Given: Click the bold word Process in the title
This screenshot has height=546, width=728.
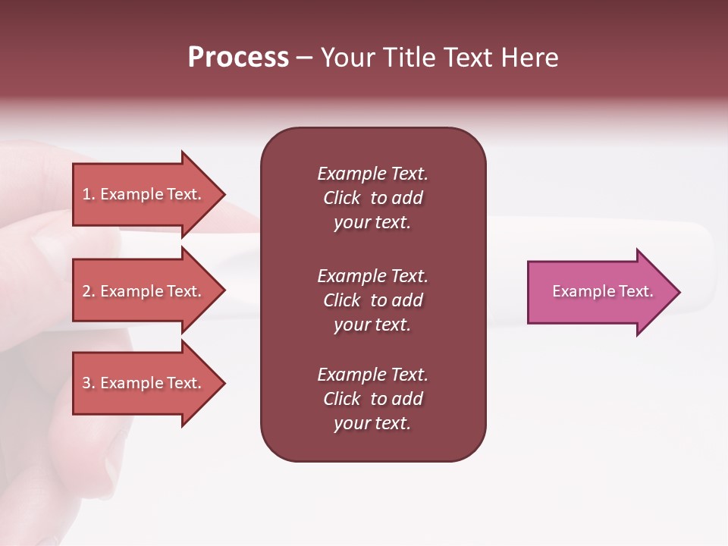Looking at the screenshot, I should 238,58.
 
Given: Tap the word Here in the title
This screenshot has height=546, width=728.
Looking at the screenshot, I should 530,58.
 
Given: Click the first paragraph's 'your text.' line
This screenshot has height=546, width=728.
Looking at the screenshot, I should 372,223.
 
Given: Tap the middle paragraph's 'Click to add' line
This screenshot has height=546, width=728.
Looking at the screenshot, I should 372,300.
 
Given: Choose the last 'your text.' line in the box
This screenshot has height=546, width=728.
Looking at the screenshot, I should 372,424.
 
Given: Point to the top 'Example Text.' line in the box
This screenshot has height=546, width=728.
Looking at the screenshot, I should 372,174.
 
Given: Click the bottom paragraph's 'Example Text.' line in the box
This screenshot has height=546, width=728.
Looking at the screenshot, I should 372,375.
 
